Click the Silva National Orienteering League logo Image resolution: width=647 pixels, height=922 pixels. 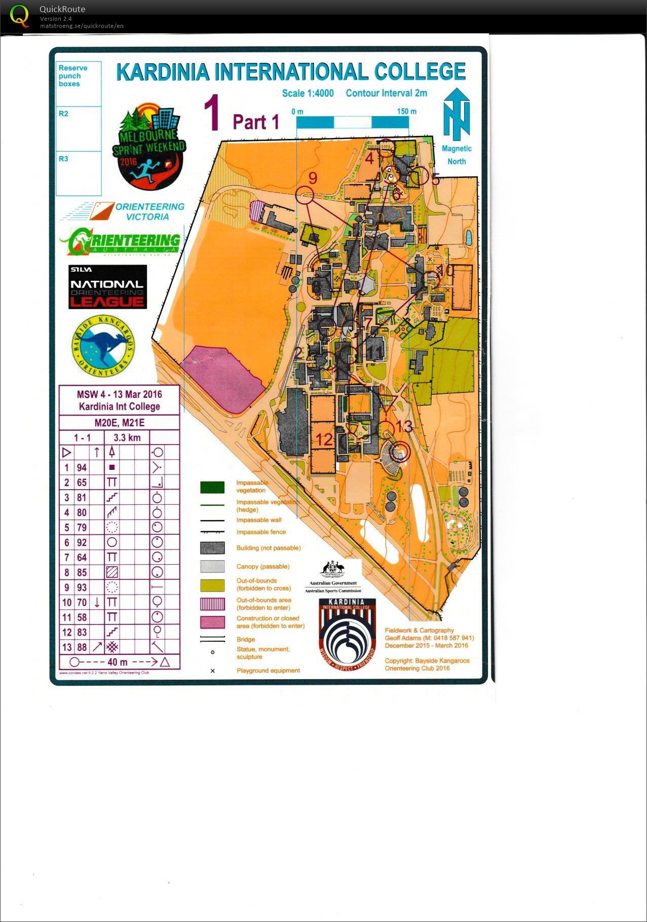tap(107, 287)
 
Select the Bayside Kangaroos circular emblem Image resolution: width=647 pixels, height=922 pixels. tap(103, 346)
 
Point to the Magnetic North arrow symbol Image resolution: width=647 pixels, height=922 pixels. tap(456, 115)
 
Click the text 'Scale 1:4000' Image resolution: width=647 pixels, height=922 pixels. tap(308, 93)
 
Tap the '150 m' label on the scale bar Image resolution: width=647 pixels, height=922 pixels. tap(406, 111)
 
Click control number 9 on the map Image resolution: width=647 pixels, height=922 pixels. tap(313, 178)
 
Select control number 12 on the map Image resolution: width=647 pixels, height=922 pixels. tap(324, 439)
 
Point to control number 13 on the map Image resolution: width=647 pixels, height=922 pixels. tap(404, 427)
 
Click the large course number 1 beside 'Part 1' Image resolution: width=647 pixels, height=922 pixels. tap(212, 114)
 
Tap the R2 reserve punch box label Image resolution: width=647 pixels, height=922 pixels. tap(63, 114)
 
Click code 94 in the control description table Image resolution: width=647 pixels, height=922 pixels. tap(82, 467)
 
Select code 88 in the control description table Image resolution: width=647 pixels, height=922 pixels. tap(82, 647)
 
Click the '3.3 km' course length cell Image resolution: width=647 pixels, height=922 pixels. tap(127, 437)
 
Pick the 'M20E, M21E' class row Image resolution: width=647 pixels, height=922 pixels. tap(120, 423)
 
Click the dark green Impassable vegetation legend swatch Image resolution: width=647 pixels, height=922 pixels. tap(212, 487)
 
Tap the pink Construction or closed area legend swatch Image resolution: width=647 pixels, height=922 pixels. tap(212, 622)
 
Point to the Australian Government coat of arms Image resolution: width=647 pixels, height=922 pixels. tap(333, 569)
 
